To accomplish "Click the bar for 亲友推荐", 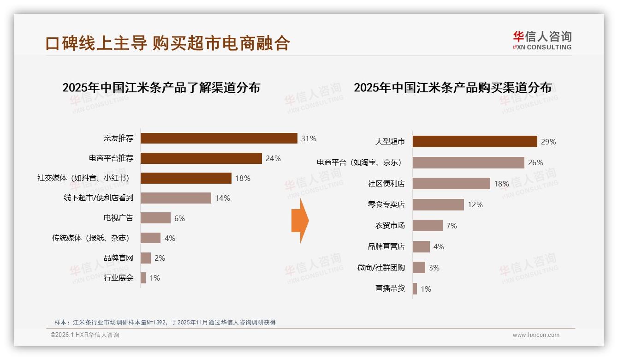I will click(x=219, y=138).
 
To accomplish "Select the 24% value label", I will click(x=273, y=158).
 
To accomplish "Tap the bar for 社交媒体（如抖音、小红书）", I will click(x=186, y=178).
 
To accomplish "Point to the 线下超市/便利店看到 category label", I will click(x=98, y=198).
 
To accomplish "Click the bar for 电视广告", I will click(x=155, y=218).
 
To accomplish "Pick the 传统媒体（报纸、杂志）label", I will click(x=90, y=238).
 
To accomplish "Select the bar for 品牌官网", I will click(x=146, y=258).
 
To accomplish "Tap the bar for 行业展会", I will click(x=143, y=278).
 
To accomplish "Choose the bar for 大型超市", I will click(x=475, y=141).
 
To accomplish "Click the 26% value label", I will click(x=536, y=162).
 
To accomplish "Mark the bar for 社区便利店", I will click(x=451, y=184).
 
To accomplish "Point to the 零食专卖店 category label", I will click(x=386, y=204).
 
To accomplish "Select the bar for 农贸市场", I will click(x=428, y=226).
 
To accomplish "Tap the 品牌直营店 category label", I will click(x=386, y=247).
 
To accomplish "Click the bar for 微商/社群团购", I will click(x=419, y=268).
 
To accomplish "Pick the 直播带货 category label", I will click(x=390, y=289).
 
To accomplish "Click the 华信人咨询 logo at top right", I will click(x=542, y=40).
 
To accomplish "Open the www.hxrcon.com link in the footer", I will click(x=535, y=335).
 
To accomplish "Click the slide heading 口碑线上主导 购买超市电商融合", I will click(x=167, y=43).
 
